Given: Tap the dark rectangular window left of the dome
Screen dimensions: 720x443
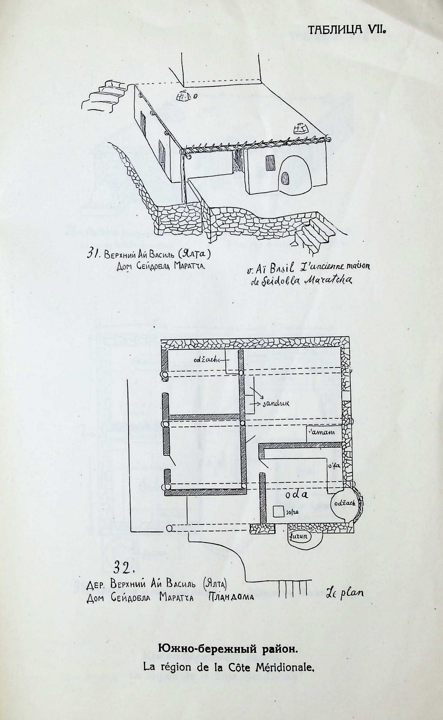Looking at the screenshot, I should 270,162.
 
